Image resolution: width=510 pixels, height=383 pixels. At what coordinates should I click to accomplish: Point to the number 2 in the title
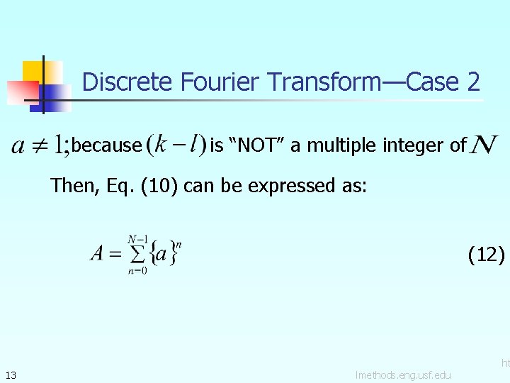pyautogui.click(x=473, y=82)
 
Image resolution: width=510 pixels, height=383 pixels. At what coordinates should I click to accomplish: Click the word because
pyautogui.click(x=107, y=145)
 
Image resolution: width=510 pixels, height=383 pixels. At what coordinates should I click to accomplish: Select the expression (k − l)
pyautogui.click(x=175, y=145)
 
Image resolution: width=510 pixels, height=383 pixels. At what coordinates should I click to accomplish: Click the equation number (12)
pyautogui.click(x=487, y=254)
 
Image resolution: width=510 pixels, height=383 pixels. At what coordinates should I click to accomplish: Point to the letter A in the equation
pyautogui.click(x=97, y=253)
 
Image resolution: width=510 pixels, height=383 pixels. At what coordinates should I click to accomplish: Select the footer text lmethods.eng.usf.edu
pyautogui.click(x=403, y=374)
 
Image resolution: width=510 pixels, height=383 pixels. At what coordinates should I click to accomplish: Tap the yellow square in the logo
pyautogui.click(x=34, y=72)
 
